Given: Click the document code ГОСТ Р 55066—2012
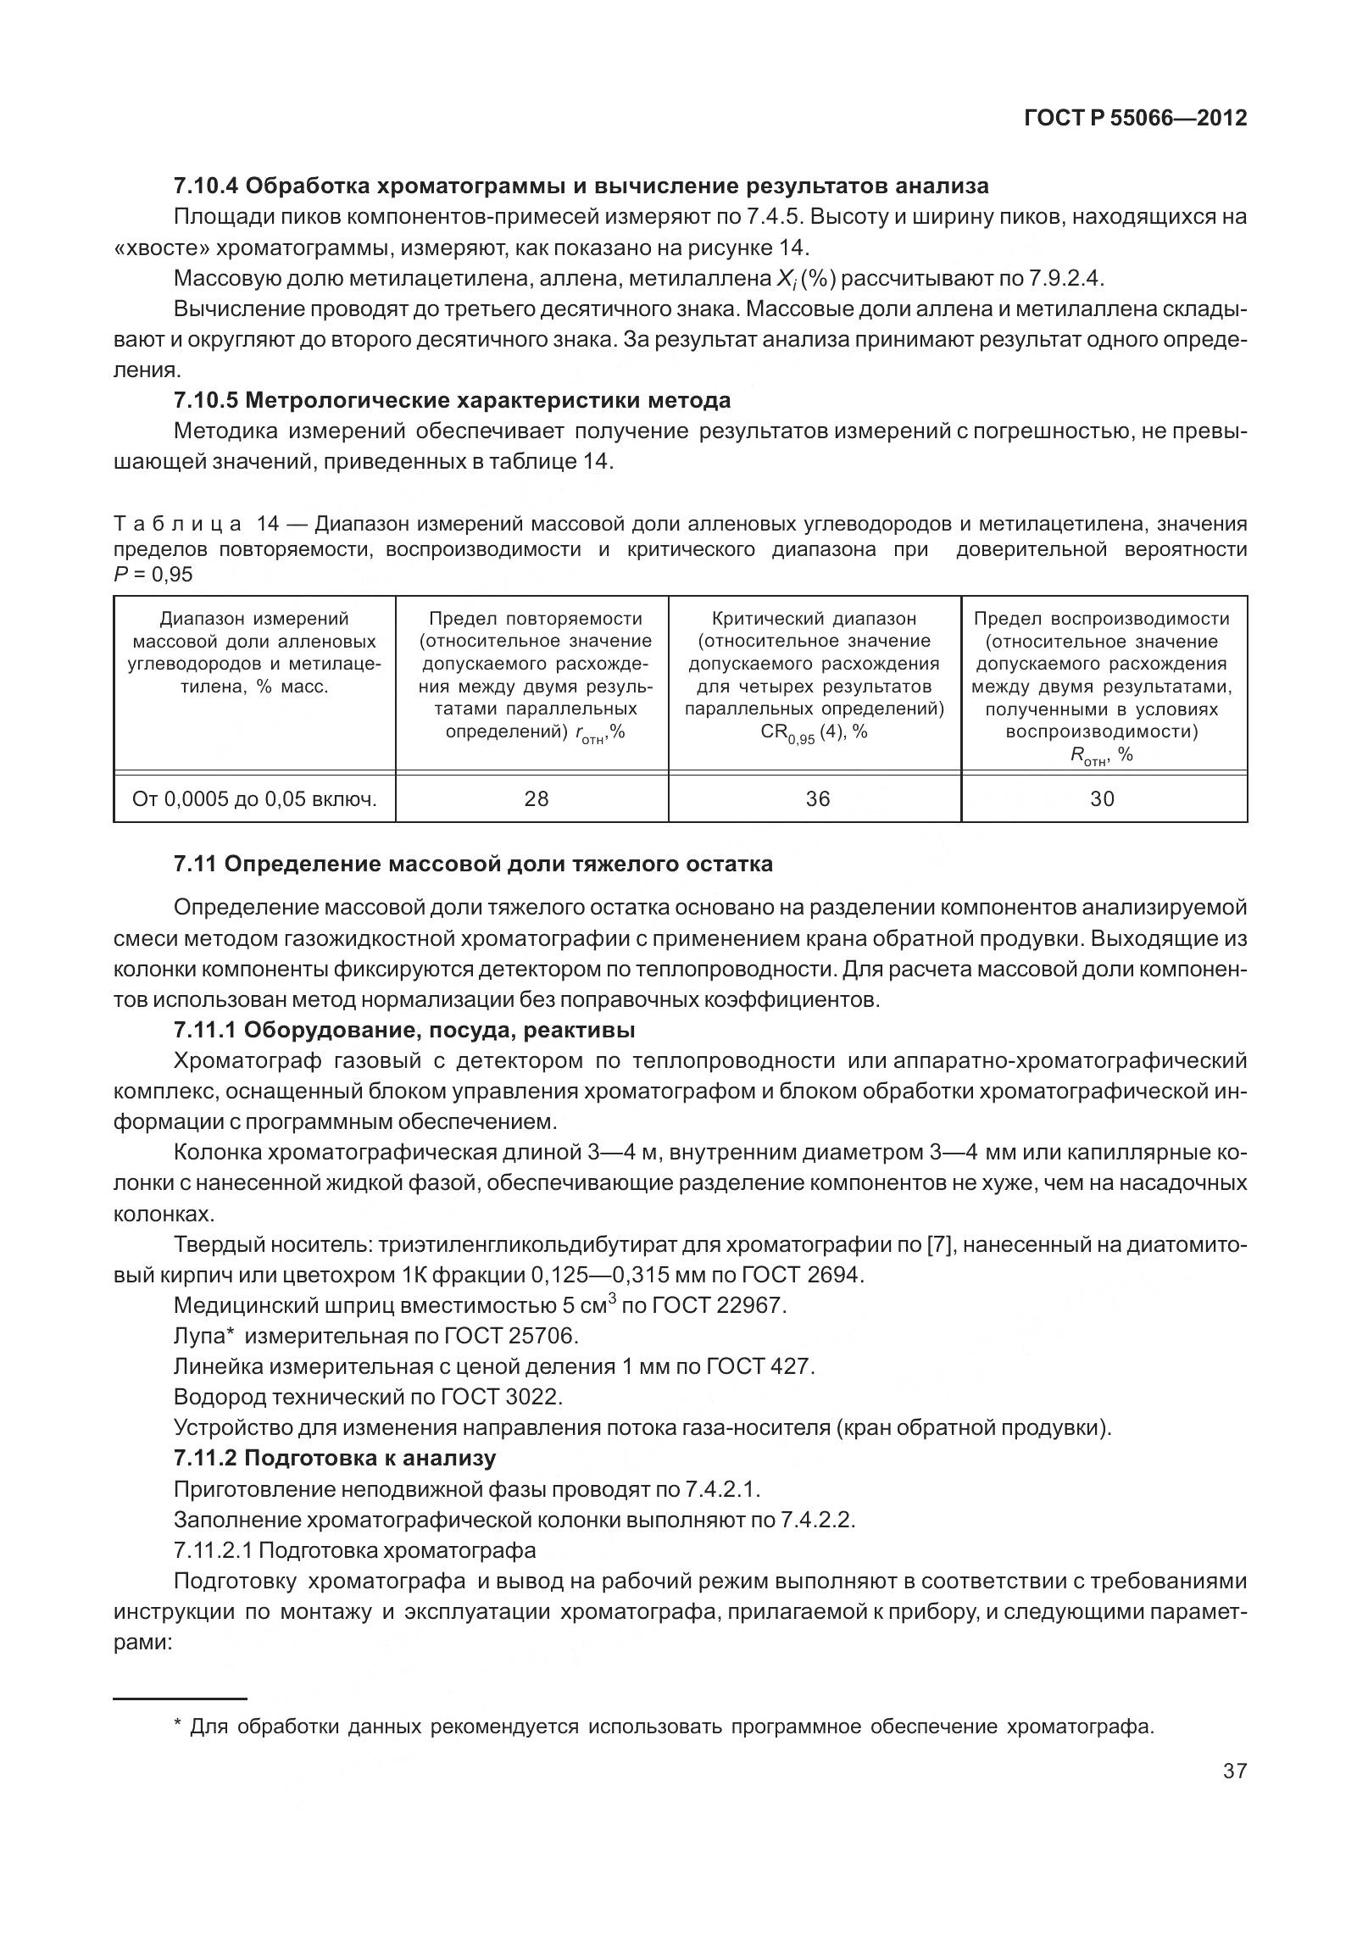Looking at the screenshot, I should (1135, 119).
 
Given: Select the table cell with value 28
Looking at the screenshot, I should (536, 798).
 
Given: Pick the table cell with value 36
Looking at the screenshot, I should (817, 798).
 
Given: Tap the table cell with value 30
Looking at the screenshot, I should (1102, 798).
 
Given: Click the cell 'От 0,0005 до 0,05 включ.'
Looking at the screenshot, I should (254, 798).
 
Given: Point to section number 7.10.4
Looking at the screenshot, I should (207, 186).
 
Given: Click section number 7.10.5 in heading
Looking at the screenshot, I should (207, 400).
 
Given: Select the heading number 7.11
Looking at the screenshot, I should (195, 865).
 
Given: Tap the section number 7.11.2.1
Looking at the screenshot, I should (213, 1550).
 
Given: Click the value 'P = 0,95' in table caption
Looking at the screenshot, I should (153, 575).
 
